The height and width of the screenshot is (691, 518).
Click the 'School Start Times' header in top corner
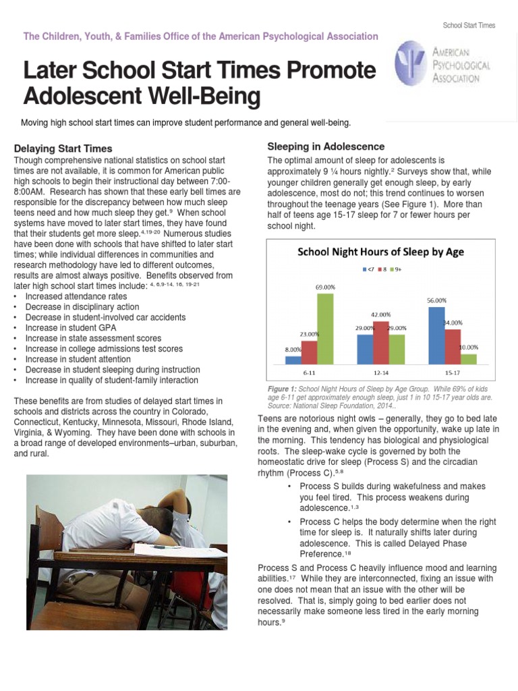coord(469,26)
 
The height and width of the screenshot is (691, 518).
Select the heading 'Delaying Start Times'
coord(63,148)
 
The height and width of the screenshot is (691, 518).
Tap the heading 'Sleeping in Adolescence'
coord(326,146)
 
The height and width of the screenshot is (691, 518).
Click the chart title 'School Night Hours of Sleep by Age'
coord(381,252)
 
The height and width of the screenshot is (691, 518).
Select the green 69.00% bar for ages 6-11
coord(325,328)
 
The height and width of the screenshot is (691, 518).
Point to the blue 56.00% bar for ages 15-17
coord(436,335)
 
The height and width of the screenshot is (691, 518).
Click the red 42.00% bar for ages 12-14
coord(381,343)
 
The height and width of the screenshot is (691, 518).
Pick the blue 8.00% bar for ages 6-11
coord(293,360)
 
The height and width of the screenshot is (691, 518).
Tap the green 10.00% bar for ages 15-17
coord(468,358)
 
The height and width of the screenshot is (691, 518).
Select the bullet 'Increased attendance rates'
coord(76,296)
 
